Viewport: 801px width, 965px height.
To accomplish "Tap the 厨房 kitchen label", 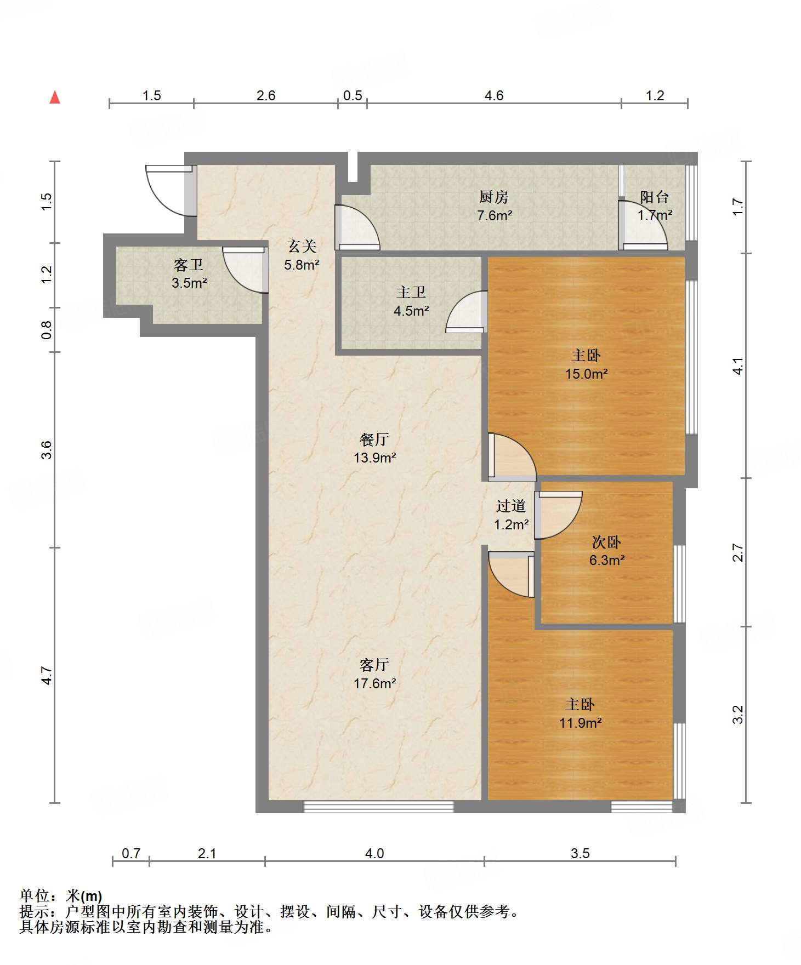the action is [x=493, y=197].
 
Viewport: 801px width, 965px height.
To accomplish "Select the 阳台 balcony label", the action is [x=655, y=197].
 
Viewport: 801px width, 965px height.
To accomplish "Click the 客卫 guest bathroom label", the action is [x=189, y=265].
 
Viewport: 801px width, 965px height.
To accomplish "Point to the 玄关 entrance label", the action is [x=302, y=247].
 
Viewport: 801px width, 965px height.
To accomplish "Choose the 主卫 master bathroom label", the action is [x=411, y=293].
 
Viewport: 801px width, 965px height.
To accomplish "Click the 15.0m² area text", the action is [x=587, y=374].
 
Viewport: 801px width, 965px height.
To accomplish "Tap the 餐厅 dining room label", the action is [x=374, y=439].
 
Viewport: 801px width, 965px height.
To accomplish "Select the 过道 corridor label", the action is [x=511, y=506].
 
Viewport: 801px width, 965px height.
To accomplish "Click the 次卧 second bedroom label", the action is [x=606, y=543].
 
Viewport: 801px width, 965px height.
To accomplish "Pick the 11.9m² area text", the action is [x=581, y=723].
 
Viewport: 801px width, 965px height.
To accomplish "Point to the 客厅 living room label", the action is [x=374, y=665].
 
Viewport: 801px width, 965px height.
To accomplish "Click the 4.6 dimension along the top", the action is [x=494, y=96].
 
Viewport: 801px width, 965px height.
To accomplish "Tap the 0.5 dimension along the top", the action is [x=353, y=96].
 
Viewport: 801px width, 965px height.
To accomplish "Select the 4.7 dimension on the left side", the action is [x=47, y=675].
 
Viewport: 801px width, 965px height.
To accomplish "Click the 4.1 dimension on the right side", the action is [x=738, y=366].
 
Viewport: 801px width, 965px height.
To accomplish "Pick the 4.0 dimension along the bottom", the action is [x=374, y=853].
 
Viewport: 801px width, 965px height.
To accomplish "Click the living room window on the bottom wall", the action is [x=379, y=806].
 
